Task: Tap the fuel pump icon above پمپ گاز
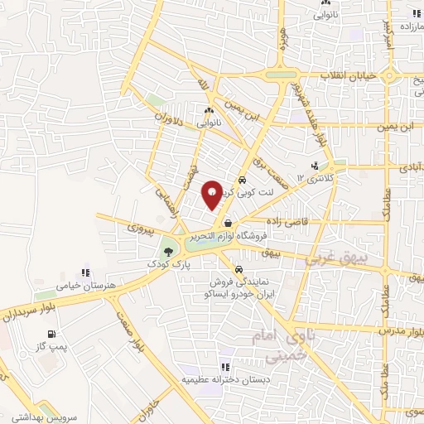tap(52, 335)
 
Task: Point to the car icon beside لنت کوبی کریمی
tap(241, 180)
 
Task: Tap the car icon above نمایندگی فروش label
tap(238, 270)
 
